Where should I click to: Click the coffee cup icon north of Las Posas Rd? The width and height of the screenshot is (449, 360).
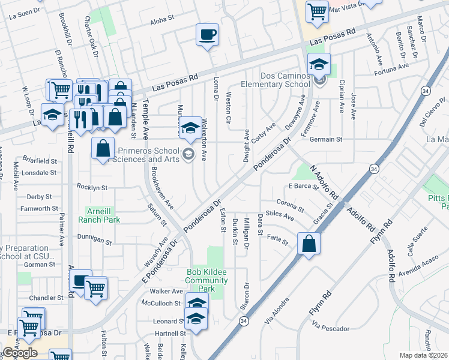207,34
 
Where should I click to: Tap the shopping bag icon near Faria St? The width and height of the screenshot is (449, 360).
309,244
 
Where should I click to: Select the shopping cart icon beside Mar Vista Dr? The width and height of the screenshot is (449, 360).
316,10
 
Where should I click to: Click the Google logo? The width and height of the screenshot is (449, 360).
20,353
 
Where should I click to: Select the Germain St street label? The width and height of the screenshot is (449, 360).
325,139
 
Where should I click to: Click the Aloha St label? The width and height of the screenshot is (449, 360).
161,20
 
